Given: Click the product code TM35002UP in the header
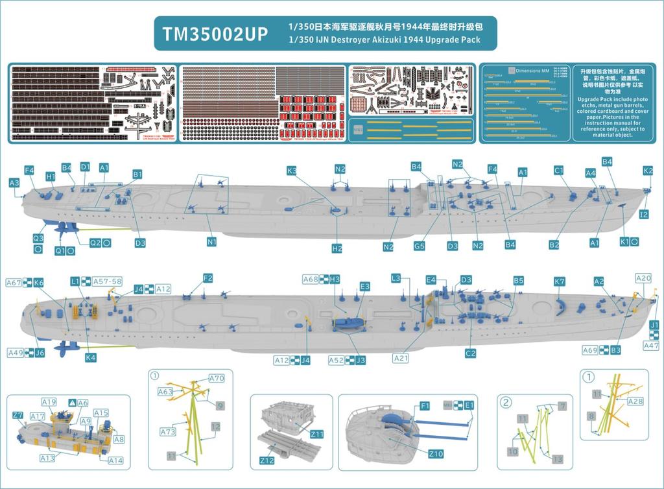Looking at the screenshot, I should pos(213,34).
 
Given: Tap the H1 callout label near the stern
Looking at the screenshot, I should pos(51,176).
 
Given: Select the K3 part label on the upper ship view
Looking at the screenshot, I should pos(292,171).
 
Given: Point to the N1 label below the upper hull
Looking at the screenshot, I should pos(211,242).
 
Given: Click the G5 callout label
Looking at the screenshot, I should pos(420,246).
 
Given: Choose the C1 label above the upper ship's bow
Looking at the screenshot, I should pos(558,171).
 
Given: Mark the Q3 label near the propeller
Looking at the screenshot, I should pos(38,239).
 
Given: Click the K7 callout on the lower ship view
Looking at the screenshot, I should pos(560,282).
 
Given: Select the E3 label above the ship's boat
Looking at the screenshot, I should pos(365,286).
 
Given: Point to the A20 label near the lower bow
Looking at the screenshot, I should pos(643,278).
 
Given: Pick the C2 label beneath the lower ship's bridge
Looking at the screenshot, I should pos(471,353).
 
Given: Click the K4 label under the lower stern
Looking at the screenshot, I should pos(91,357).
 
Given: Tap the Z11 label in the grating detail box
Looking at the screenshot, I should pos(317,433).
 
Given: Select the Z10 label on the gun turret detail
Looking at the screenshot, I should pos(436,453).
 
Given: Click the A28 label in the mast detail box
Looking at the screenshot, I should pos(635,401).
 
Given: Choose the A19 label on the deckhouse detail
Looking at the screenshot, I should pos(49,402).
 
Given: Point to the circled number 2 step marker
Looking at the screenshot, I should pos(507,401).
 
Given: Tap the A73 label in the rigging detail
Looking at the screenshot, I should pos(168,431).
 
